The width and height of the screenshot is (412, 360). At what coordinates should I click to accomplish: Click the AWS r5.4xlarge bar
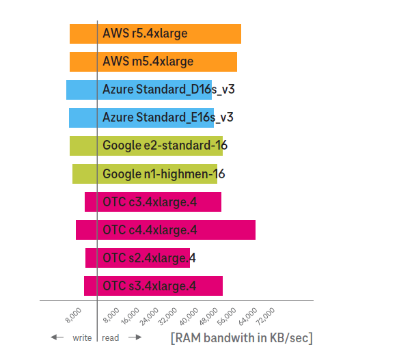[155, 33]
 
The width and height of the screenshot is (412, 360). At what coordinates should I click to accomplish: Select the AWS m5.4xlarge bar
[153, 61]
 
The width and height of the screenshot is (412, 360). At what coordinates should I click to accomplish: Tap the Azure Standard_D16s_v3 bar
[139, 89]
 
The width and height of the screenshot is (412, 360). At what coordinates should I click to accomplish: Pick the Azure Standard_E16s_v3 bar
[141, 117]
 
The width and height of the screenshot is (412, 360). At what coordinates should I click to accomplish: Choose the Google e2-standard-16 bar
[146, 146]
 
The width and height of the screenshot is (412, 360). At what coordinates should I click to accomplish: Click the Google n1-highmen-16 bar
[145, 174]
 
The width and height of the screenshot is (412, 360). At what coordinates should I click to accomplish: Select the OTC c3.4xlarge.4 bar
[153, 202]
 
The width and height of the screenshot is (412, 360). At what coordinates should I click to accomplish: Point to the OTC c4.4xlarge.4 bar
[165, 230]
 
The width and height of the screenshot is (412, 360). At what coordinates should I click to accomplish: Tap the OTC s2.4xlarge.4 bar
[137, 258]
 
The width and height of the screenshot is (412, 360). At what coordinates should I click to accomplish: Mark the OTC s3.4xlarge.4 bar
[153, 286]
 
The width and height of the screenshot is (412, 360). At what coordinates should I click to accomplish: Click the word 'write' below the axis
[82, 337]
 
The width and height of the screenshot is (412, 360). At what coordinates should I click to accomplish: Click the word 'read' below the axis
[110, 337]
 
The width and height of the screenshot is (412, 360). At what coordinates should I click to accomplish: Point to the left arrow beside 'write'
[57, 337]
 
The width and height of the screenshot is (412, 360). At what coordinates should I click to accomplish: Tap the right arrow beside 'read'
[135, 337]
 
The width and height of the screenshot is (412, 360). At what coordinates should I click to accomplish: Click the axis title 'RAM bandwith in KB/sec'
[242, 338]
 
